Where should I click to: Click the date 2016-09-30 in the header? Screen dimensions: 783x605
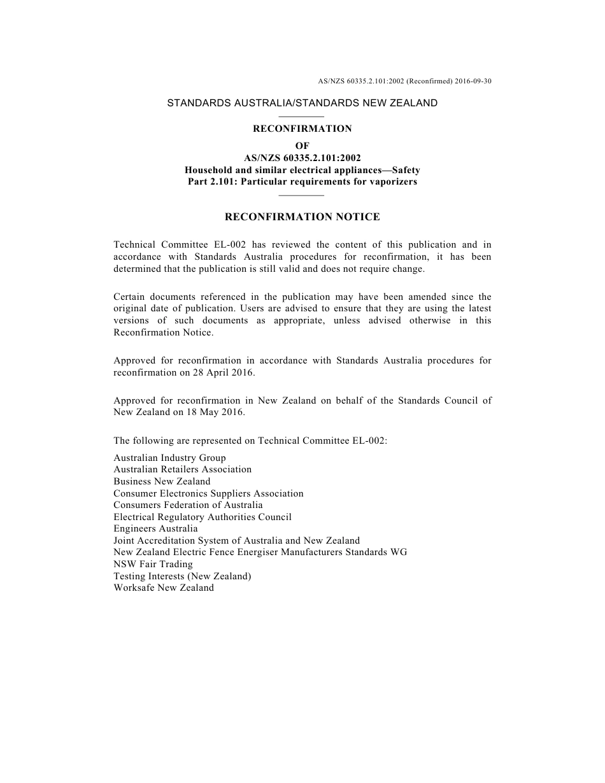(473, 81)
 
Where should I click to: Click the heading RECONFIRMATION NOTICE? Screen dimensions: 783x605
(302, 217)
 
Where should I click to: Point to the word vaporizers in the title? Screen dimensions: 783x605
(394, 182)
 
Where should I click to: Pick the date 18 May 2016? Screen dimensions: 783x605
(217, 413)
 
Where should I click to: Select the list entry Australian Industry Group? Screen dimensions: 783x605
(169, 458)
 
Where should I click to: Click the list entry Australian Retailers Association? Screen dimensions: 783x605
(182, 470)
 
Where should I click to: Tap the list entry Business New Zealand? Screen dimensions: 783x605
(162, 481)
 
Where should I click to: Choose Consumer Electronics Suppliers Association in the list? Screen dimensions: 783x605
(208, 493)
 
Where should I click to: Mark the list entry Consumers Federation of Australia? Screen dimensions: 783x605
(188, 505)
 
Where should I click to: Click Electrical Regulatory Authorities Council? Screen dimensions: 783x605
(203, 517)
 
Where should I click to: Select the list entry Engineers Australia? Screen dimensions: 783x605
(155, 529)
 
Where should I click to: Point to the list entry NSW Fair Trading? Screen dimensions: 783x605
(153, 564)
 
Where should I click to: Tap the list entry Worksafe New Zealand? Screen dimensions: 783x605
(164, 588)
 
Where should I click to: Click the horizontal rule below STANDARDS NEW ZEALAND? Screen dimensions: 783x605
(302, 116)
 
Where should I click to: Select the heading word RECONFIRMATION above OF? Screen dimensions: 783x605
(302, 129)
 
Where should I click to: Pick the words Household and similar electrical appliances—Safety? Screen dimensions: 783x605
(302, 170)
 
